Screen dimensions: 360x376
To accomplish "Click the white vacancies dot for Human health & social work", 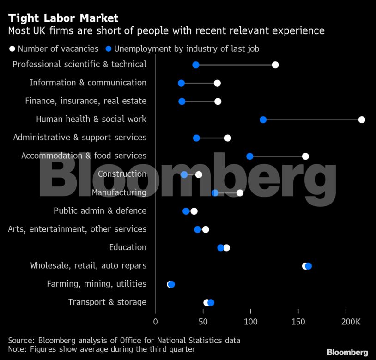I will tap(362, 120).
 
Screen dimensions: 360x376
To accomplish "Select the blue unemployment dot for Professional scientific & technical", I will tap(195, 65).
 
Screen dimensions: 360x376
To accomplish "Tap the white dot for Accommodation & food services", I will tap(305, 156).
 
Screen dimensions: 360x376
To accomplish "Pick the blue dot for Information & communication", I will tap(181, 84).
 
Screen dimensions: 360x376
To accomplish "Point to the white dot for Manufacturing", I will tap(240, 193).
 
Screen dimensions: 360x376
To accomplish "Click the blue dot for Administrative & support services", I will tap(196, 138).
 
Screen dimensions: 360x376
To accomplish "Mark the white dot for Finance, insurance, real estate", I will tap(218, 102).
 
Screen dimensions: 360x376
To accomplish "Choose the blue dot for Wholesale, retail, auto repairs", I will tap(309, 266).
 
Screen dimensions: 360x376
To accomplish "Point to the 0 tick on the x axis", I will tap(155, 321).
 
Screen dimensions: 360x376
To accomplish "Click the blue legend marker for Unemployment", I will tap(108, 48).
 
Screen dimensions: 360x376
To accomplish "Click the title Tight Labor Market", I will tap(63, 18).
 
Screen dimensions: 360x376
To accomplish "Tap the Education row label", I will tap(127, 247).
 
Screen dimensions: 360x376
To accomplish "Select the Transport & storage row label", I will tap(107, 302).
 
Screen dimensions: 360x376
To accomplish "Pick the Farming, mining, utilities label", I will tap(97, 284).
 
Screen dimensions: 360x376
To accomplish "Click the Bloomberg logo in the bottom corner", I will tap(347, 352).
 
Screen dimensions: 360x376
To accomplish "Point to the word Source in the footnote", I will tap(21, 341).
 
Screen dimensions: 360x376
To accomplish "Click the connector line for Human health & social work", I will tap(312, 120).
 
